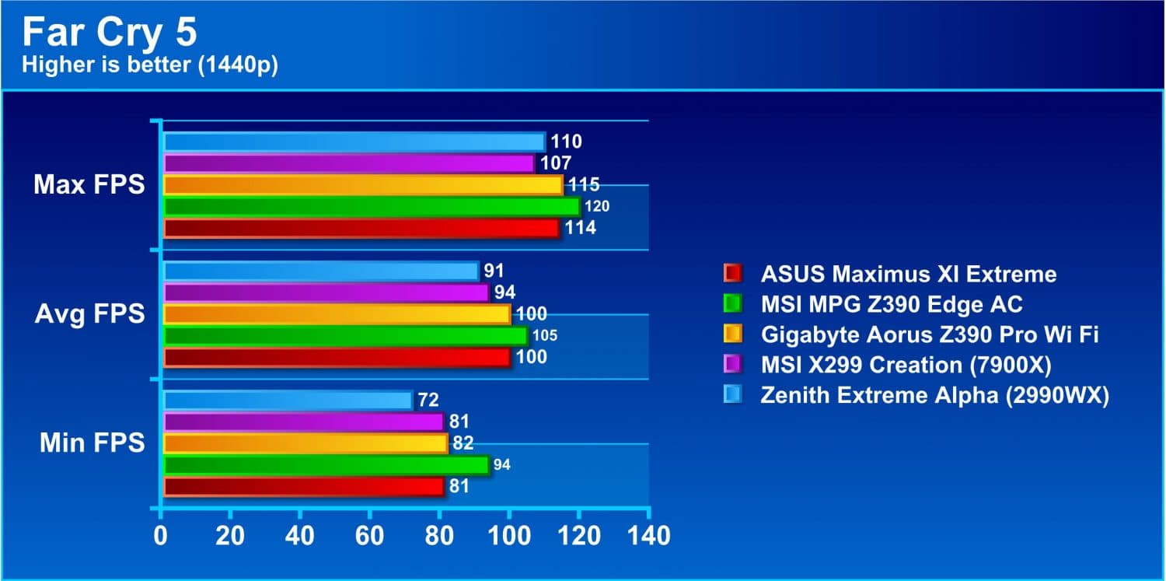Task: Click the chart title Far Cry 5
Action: [110, 33]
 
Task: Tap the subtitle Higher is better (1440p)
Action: [150, 65]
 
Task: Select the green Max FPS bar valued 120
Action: [372, 207]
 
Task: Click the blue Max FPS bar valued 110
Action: [354, 142]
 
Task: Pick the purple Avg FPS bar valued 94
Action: [326, 292]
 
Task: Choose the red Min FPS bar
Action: [304, 487]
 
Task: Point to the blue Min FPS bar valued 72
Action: [288, 401]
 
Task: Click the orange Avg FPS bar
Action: [337, 314]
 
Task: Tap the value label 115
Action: [584, 185]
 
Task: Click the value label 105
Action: [545, 336]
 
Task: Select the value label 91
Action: [494, 271]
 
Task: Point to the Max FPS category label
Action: [89, 185]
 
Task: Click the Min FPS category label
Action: [93, 443]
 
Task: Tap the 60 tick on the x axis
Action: [369, 536]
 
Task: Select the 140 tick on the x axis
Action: [649, 536]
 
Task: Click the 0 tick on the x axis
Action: [161, 536]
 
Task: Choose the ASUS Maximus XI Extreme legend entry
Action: [890, 274]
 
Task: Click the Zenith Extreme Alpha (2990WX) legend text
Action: [935, 395]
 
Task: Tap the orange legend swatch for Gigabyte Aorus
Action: [733, 334]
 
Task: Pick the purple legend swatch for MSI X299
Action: [733, 365]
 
